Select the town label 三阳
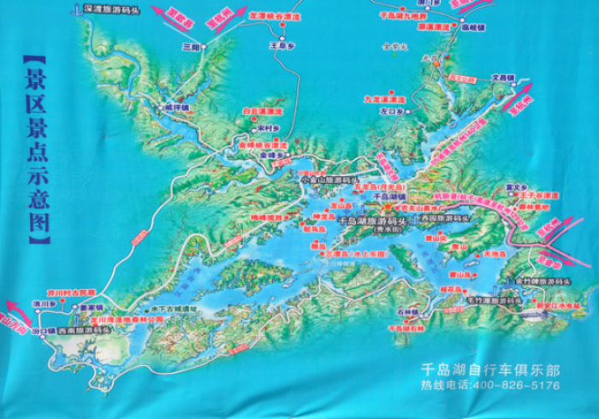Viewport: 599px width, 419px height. pyautogui.click(x=191, y=48)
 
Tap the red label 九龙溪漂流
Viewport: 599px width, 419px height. pyautogui.click(x=383, y=98)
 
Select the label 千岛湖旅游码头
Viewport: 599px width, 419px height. pyautogui.click(x=371, y=221)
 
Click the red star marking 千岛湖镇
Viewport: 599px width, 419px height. pyautogui.click(x=386, y=205)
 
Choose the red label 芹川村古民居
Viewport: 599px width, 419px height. pyautogui.click(x=55, y=291)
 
